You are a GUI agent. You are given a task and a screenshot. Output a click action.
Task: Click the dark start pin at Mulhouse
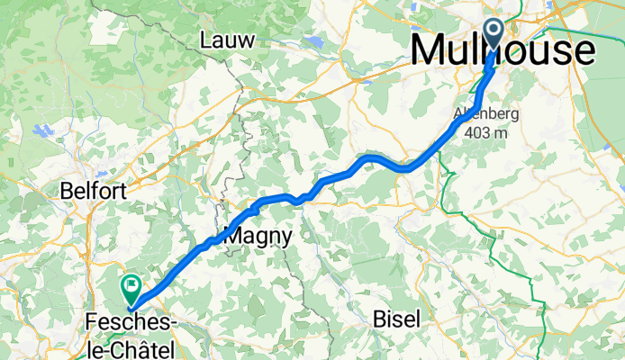click(494, 35)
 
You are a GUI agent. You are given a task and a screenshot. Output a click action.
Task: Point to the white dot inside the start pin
click(494, 30)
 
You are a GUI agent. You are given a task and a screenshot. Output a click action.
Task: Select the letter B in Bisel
click(378, 319)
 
